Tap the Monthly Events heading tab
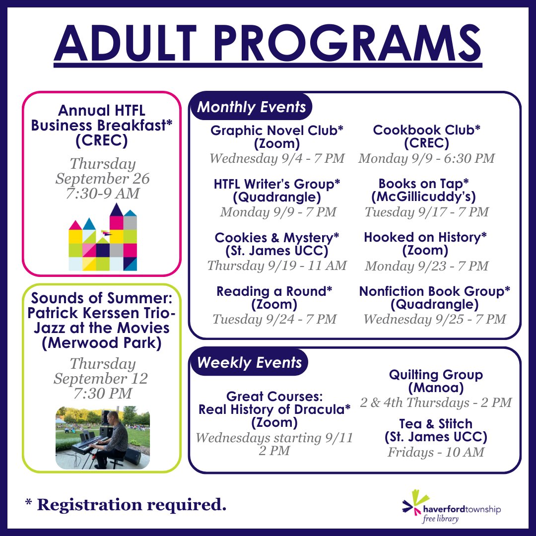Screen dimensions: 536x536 pyautogui.click(x=252, y=107)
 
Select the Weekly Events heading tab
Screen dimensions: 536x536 pyautogui.click(x=249, y=362)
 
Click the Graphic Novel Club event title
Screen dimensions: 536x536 pyautogui.click(x=277, y=131)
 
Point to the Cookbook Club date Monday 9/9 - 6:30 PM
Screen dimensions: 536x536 pyautogui.click(x=426, y=158)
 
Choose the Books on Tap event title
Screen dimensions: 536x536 pyautogui.click(x=424, y=184)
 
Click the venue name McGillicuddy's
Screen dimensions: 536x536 pyautogui.click(x=424, y=197)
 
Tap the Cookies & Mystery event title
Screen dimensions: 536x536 pyautogui.click(x=277, y=238)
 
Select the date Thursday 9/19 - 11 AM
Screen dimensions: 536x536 pyautogui.click(x=277, y=266)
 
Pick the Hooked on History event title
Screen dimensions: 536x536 pyautogui.click(x=425, y=238)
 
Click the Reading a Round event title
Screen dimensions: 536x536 pyautogui.click(x=274, y=291)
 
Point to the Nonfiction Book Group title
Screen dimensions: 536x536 pyautogui.click(x=434, y=291)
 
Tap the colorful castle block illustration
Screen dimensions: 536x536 pyautogui.click(x=103, y=238)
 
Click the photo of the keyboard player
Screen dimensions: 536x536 pyautogui.click(x=103, y=437)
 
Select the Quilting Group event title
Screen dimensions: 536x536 pyautogui.click(x=436, y=375)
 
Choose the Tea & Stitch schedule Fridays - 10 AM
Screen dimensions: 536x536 pyautogui.click(x=436, y=452)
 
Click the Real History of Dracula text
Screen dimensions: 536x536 pyautogui.click(x=274, y=409)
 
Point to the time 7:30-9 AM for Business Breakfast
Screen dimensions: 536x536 pyautogui.click(x=103, y=193)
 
